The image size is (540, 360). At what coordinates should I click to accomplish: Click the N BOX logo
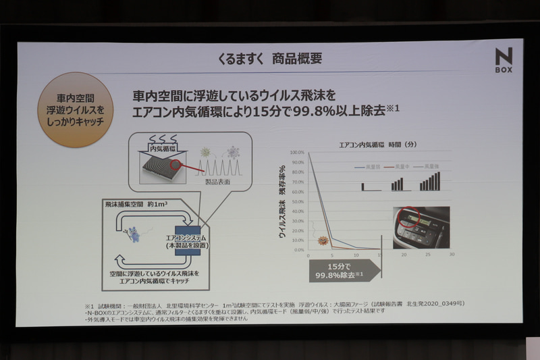pos(503,60)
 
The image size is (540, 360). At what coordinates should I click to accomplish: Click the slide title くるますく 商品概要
pos(269,58)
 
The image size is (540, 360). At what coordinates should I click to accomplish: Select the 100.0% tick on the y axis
pos(298,153)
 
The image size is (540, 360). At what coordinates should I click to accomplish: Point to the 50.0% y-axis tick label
pos(298,201)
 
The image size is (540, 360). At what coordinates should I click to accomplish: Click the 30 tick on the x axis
pos(452,255)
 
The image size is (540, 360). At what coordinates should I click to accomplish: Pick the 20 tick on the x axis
pos(404,255)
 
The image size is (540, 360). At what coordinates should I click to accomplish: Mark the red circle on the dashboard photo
pos(408,218)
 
